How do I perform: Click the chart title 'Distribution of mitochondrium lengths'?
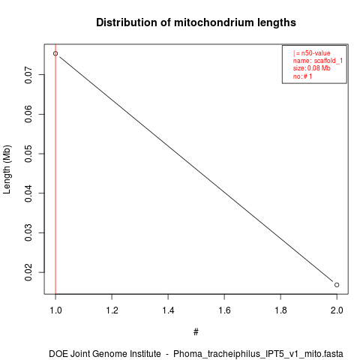[196, 22]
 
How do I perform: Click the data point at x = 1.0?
[55, 53]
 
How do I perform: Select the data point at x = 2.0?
[337, 285]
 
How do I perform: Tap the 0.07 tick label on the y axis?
[28, 74]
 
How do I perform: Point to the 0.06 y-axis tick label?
[28, 114]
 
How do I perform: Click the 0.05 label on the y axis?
[28, 154]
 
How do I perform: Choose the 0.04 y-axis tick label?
[28, 193]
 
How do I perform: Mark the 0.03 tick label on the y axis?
[28, 232]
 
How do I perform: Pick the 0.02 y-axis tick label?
[28, 272]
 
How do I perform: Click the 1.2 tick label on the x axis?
[112, 310]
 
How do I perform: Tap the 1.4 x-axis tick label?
[168, 310]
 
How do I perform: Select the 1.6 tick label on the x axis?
[224, 310]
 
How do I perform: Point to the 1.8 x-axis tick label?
[280, 310]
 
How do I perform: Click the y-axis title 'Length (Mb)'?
[7, 169]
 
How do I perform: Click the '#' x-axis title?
[196, 331]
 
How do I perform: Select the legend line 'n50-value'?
[312, 53]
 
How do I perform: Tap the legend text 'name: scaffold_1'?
[318, 61]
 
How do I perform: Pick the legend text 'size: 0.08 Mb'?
[312, 68]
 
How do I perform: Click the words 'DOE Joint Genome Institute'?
[105, 354]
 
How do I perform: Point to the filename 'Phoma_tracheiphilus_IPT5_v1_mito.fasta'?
[258, 354]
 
